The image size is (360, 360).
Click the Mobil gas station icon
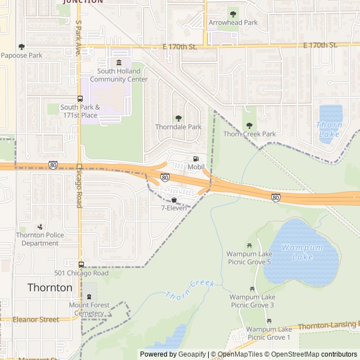tap(196, 159)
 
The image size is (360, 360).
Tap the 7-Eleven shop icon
tap(174, 200)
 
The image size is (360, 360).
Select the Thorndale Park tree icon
tap(178, 118)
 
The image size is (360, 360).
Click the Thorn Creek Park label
tap(250, 134)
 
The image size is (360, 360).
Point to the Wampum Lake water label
tap(294, 253)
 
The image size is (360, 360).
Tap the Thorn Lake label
tap(329, 129)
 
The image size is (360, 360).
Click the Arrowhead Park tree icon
tap(233, 13)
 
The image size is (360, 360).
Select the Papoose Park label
tap(21, 55)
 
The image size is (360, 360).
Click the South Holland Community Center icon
tap(118, 62)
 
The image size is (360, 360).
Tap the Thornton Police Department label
tap(40, 239)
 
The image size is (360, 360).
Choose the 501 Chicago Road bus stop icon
tap(82, 264)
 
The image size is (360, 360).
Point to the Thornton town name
tap(50, 287)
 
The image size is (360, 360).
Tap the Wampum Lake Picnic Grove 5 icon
tap(249, 245)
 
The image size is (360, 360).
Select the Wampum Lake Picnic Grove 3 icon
tap(252, 289)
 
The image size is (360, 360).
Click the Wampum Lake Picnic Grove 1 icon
tap(269, 321)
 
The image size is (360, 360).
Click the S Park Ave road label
tap(78, 38)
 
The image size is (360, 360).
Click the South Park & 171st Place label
tap(79, 111)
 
